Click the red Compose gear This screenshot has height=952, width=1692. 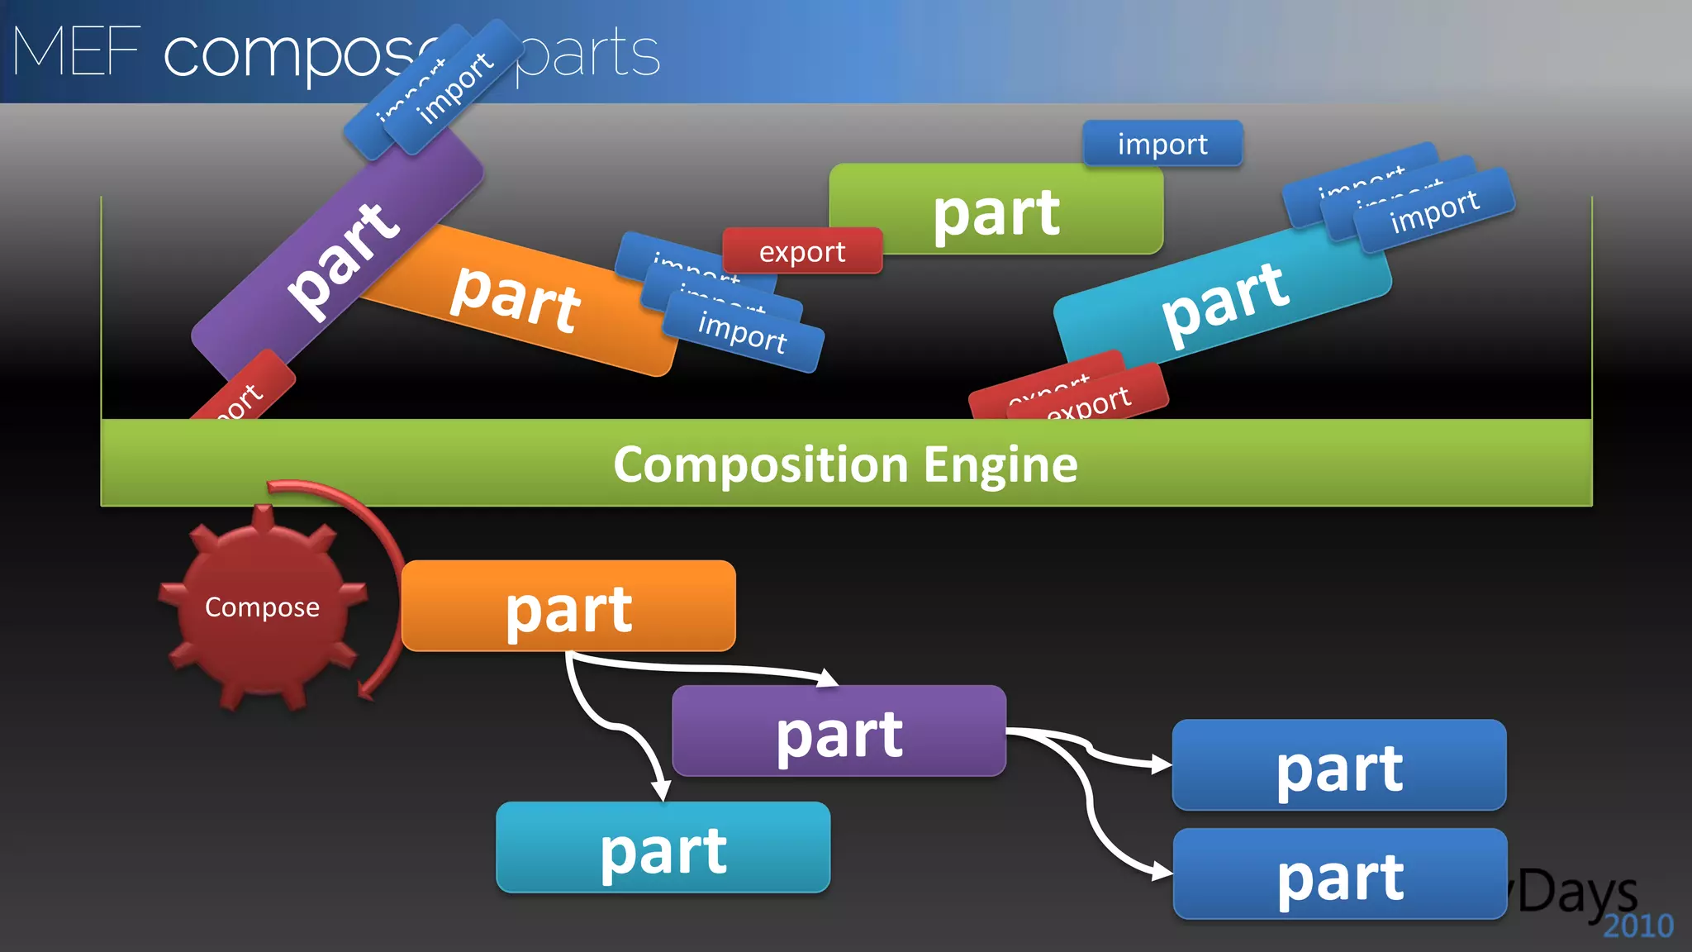[x=262, y=608]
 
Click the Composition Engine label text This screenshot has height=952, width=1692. [x=845, y=464]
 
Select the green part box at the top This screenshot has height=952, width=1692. [x=996, y=212]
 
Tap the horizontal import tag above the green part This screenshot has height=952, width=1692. [x=1162, y=144]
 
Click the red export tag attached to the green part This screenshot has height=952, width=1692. [x=801, y=251]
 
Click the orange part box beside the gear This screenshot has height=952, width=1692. [x=568, y=608]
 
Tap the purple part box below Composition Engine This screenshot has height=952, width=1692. [x=839, y=732]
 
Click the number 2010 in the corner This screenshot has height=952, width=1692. [x=1637, y=926]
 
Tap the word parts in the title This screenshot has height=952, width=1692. [x=588, y=53]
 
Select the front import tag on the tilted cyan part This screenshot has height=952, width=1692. [x=1435, y=210]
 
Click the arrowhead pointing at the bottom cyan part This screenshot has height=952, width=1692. [x=661, y=789]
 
